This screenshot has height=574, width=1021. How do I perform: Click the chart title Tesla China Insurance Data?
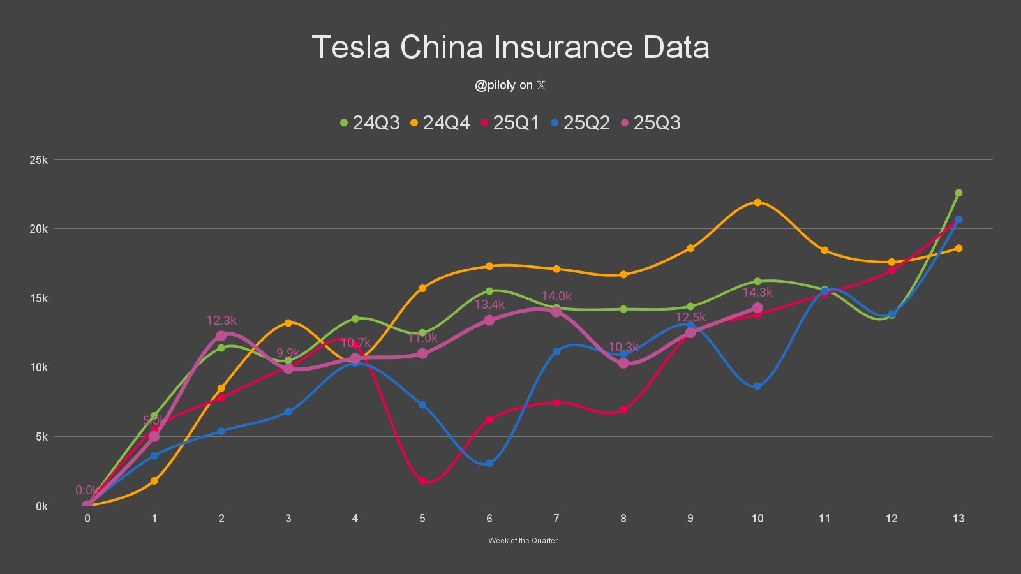coord(511,47)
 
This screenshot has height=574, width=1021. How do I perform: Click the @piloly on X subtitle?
coord(510,85)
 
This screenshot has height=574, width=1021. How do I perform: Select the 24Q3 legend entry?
coord(370,122)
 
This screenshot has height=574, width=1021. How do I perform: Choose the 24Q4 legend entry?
coord(440,122)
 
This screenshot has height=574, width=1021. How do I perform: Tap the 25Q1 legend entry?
coord(511,122)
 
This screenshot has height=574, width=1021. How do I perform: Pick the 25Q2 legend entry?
coord(581,122)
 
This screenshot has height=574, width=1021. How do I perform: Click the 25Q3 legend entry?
coord(651,122)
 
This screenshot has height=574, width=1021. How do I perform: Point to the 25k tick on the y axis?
coord(38,160)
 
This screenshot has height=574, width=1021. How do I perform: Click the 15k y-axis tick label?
coord(38,298)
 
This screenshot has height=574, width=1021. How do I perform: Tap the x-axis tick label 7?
coord(556,519)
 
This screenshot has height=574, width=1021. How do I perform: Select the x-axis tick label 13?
coord(958,519)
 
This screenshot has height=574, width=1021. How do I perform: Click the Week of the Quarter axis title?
coord(523,540)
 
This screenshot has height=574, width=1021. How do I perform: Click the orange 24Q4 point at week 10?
coord(757,202)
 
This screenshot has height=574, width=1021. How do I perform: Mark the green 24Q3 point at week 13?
coord(958,193)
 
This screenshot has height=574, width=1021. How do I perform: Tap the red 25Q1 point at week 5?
coord(422,481)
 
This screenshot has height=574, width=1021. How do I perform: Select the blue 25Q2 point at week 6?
coord(489,463)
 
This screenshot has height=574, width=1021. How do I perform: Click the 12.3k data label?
coord(221,320)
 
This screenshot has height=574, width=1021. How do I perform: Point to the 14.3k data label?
coord(757,292)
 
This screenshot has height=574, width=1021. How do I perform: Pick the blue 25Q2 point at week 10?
coord(757,386)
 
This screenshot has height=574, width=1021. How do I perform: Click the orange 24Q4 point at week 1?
coord(154,481)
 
